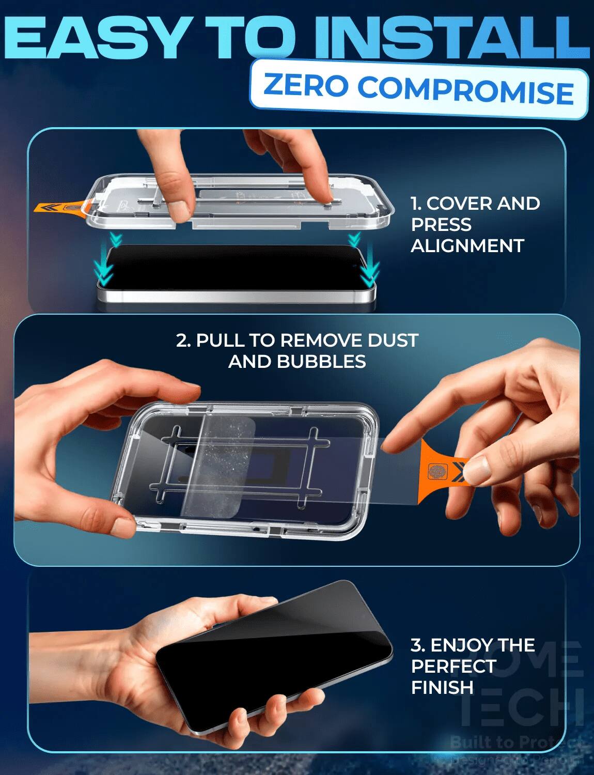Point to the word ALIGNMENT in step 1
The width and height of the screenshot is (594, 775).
(x=467, y=245)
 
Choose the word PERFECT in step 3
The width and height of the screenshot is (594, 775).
(x=454, y=666)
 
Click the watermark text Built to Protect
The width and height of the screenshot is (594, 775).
(x=517, y=742)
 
